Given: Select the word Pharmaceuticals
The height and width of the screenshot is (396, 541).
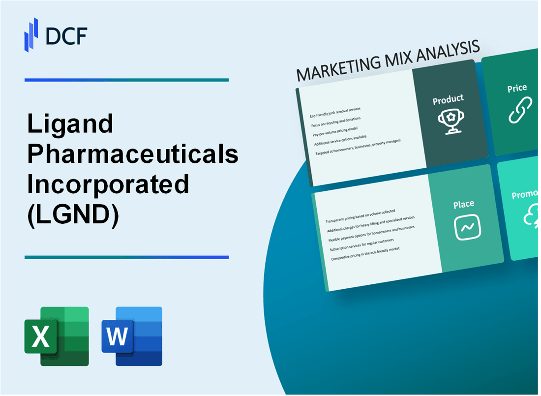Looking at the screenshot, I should coord(133,154).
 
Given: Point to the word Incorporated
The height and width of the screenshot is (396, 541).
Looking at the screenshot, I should coord(108,184).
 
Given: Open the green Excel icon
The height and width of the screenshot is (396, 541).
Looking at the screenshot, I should coord(57,336).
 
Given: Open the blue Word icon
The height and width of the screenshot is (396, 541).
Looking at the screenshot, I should coord(132,336).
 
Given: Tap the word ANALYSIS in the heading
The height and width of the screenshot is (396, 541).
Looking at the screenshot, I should coord(446,52).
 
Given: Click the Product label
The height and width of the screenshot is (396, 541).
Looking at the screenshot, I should coord(448,99).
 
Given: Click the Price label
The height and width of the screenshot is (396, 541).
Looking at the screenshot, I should coord(517,88).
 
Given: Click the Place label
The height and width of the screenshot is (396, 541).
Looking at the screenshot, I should coord(464,204).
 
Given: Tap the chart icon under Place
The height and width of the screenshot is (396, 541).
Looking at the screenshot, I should coord(467,228).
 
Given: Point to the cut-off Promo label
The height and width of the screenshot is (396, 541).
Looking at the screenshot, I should coord(525,195).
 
